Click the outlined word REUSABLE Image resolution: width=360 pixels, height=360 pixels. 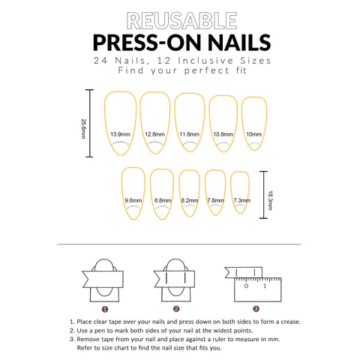click(x=181, y=20)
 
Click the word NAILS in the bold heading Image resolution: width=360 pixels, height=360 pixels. click(x=239, y=43)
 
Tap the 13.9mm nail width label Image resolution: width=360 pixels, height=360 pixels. click(x=120, y=134)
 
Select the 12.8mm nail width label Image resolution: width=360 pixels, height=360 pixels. click(x=154, y=134)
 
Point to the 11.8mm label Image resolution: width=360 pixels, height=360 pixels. click(x=189, y=134)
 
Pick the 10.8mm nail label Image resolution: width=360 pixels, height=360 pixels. click(x=223, y=134)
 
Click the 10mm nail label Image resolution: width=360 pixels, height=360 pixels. click(x=253, y=134)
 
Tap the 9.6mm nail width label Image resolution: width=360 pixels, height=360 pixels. click(x=133, y=200)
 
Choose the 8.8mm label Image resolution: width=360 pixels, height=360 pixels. click(x=163, y=200)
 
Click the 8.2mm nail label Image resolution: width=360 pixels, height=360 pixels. click(x=190, y=200)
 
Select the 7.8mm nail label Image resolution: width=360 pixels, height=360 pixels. click(x=215, y=200)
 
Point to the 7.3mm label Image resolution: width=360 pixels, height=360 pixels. click(x=241, y=200)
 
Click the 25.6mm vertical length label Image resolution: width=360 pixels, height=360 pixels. click(x=83, y=129)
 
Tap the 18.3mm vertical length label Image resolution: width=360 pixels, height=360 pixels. click(x=270, y=200)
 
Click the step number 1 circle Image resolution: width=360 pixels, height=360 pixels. click(x=105, y=309)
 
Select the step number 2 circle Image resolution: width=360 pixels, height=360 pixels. click(x=176, y=309)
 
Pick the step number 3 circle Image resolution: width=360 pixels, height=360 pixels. click(x=256, y=309)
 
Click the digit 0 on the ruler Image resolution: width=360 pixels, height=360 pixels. click(x=246, y=286)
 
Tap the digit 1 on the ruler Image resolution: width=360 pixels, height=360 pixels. click(x=265, y=286)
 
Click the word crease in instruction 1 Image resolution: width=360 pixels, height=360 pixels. click(x=290, y=322)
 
